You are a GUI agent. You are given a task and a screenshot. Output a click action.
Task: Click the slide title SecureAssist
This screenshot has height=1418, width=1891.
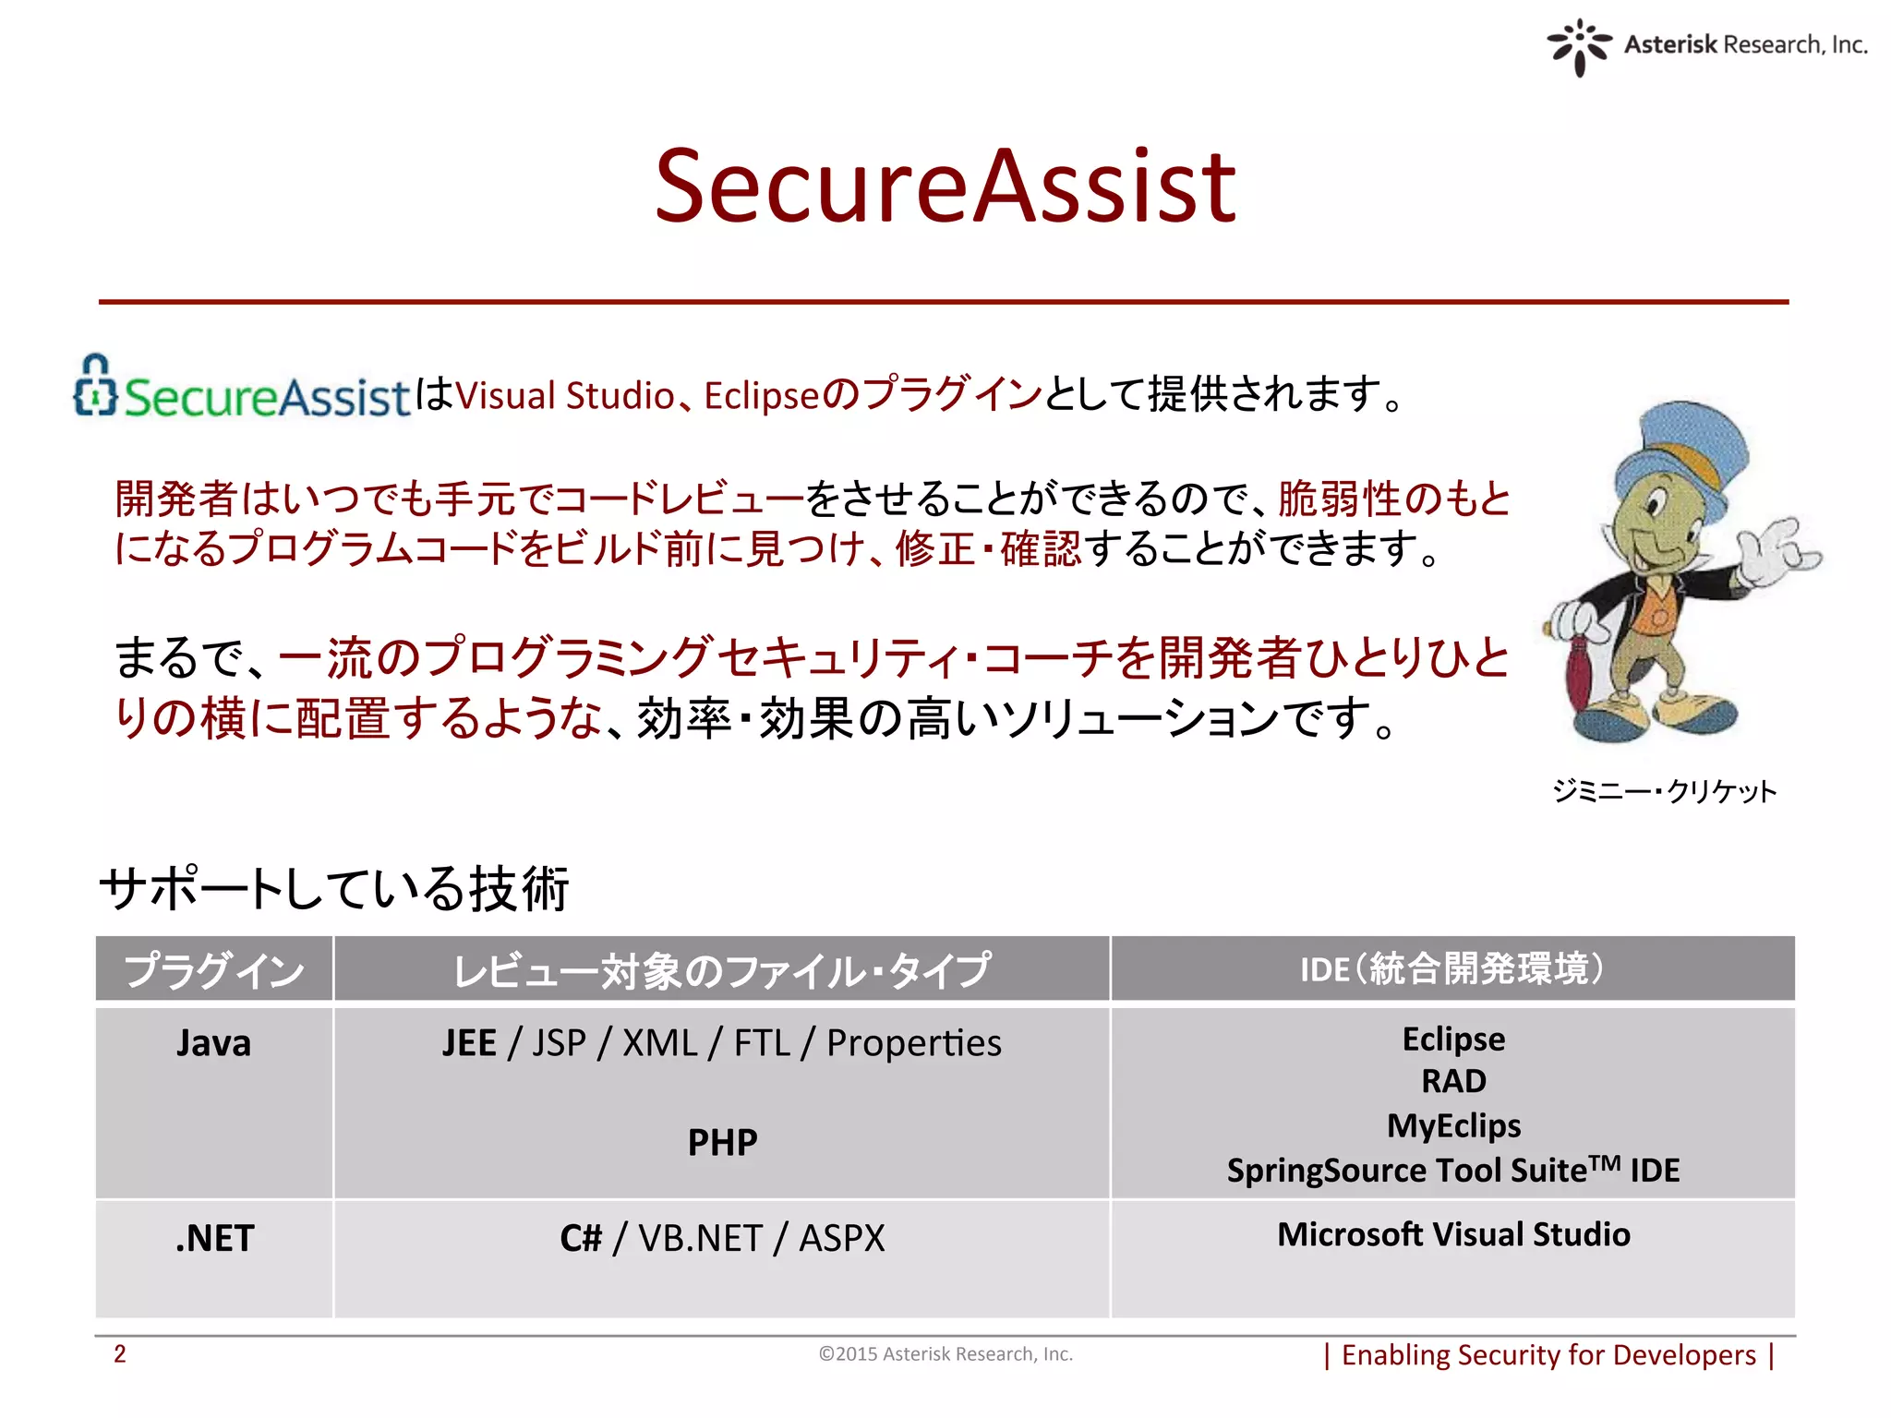coord(945,187)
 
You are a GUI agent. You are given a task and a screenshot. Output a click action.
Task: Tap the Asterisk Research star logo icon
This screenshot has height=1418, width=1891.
coord(1579,47)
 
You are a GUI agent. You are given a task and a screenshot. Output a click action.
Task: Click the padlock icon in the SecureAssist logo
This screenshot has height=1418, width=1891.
coord(95,387)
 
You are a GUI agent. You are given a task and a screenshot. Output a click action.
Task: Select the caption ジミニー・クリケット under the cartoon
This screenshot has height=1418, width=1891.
coord(1664,791)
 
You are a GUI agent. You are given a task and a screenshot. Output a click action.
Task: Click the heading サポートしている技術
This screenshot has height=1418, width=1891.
coord(333,888)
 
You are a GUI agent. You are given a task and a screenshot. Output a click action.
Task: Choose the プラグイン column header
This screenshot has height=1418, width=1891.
coord(214,969)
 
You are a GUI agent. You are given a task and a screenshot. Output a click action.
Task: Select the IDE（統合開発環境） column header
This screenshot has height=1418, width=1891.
coord(1452,969)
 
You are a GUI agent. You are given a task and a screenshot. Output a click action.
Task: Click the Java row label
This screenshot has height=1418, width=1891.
coord(214,1043)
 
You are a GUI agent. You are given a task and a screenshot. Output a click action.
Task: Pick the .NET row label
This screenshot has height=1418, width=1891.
coord(214,1238)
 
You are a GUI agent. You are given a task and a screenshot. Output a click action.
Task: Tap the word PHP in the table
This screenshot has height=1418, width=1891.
coord(722,1143)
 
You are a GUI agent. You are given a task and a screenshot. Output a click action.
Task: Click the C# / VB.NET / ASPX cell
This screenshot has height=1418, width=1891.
coord(722,1238)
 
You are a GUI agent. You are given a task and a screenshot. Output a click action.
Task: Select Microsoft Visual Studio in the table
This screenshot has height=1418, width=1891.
coord(1453,1234)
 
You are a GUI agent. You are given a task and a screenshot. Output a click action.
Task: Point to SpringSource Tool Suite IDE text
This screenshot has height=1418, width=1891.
coord(1453,1170)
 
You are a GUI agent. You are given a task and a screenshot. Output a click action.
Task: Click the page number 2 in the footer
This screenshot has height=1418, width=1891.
coord(120,1354)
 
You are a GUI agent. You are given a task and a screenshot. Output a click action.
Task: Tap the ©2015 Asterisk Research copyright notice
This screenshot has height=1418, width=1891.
coord(945,1354)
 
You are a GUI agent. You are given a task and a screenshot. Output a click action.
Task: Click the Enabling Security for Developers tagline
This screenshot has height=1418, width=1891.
coord(1548,1355)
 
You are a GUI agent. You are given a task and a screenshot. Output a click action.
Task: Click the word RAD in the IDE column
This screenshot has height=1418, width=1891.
coord(1453,1081)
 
